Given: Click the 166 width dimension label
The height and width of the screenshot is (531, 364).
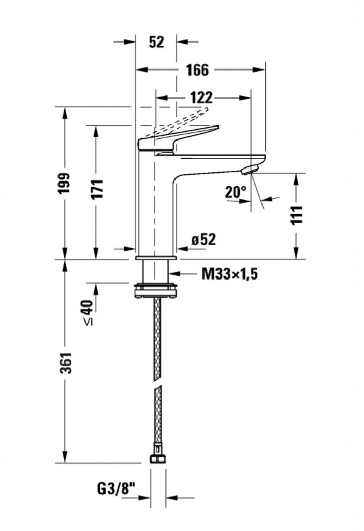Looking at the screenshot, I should pyautogui.click(x=197, y=69).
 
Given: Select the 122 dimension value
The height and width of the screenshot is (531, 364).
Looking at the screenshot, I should pyautogui.click(x=200, y=97).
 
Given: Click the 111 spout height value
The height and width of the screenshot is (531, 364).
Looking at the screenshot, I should pyautogui.click(x=296, y=215).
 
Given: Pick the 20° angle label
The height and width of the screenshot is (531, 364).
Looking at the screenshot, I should pyautogui.click(x=236, y=192).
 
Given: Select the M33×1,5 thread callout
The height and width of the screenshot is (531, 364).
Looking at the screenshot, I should pyautogui.click(x=229, y=274).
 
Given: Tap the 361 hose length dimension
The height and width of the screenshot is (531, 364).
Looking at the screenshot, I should pyautogui.click(x=64, y=362).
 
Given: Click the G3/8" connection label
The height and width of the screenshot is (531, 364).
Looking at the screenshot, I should pyautogui.click(x=115, y=488).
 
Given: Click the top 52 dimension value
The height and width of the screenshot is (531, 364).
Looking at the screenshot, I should pyautogui.click(x=156, y=42).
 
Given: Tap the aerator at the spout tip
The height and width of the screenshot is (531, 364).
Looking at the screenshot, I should pyautogui.click(x=251, y=169).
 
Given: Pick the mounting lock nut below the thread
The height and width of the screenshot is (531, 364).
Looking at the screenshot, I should pyautogui.click(x=156, y=290).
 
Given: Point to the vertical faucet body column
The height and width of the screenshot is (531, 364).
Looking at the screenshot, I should pyautogui.click(x=156, y=207).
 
